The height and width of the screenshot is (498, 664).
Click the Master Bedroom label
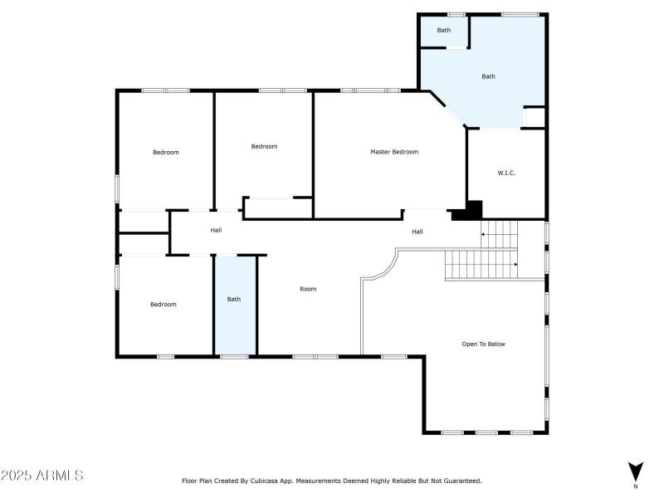coord(393,152)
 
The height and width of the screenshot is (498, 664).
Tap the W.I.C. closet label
coord(506,173)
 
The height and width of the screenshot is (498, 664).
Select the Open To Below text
coord(483,344)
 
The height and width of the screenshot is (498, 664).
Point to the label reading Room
coord(308,289)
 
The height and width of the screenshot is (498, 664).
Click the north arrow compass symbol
coord(635,471)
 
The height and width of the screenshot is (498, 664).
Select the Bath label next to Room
coord(234,299)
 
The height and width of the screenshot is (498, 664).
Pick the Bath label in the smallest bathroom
coord(444,31)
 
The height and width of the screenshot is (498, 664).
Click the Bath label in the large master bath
coord(488,76)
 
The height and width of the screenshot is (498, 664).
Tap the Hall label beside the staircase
coord(417,232)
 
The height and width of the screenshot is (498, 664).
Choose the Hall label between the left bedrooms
coord(216,230)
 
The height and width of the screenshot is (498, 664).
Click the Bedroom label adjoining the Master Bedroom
coord(264,146)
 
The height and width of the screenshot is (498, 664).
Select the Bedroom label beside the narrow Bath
coord(163,305)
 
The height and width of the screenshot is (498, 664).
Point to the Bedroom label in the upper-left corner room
coord(165,152)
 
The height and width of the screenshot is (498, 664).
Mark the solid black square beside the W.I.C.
coord(473,209)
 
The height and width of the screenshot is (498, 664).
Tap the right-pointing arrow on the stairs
coord(513,265)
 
